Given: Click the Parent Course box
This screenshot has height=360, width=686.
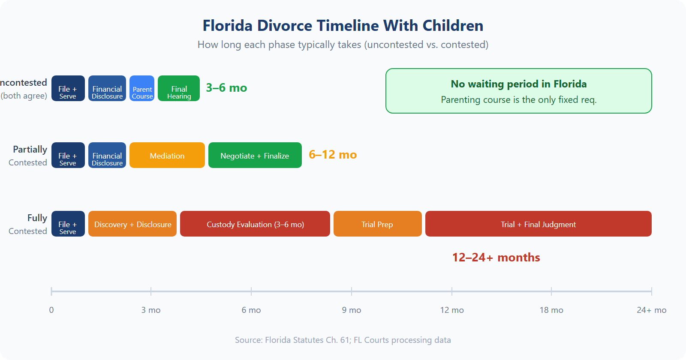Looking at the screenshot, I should click(x=142, y=88).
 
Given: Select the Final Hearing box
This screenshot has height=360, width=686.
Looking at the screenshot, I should click(x=179, y=88).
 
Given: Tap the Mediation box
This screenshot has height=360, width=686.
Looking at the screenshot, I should click(x=167, y=155).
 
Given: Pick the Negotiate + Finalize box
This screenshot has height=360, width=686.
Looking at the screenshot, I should click(x=255, y=155).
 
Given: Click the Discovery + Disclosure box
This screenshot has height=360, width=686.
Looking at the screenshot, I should click(x=132, y=224).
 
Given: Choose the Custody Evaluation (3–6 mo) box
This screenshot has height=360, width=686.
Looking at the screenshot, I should click(x=255, y=224).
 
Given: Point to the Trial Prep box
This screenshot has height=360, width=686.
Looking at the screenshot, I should click(x=377, y=224).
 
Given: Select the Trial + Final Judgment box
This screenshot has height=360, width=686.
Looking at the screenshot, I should click(x=538, y=224).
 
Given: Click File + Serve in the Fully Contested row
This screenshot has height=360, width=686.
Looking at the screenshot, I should click(x=68, y=224).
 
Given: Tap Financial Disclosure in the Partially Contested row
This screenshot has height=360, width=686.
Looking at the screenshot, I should click(x=107, y=155).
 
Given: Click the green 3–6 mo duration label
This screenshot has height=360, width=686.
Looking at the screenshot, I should click(x=226, y=88).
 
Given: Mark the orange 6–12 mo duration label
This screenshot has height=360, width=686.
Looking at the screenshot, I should click(x=333, y=155).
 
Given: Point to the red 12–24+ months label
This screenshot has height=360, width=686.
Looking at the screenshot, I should click(x=496, y=258).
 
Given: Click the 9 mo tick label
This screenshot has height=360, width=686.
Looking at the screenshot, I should click(x=352, y=310).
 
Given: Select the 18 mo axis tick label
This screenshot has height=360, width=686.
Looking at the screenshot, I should click(x=551, y=310).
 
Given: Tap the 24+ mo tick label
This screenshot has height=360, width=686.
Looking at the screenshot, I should click(x=651, y=310).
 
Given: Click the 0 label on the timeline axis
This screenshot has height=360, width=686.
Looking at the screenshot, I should click(x=51, y=310).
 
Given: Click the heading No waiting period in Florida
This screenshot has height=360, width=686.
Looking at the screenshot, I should click(x=518, y=84).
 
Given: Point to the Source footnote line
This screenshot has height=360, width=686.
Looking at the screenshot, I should click(x=343, y=340).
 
